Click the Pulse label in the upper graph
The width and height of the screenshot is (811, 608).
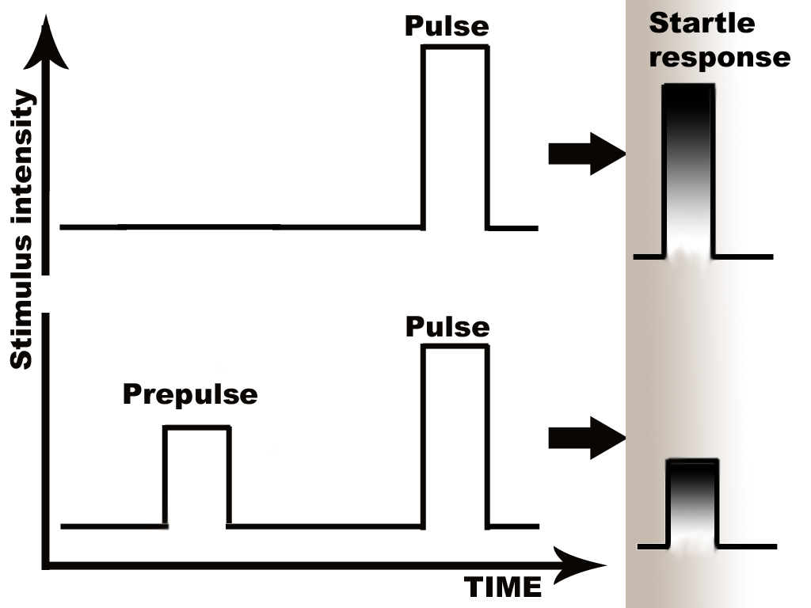point(447,27)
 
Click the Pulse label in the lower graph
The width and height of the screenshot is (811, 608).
point(447,327)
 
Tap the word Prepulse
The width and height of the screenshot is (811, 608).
point(190,393)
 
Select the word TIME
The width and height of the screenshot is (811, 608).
point(502,587)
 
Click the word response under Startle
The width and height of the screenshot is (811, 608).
point(719,57)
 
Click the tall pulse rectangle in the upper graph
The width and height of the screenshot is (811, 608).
point(454,135)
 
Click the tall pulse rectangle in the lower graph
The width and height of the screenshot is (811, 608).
point(454,435)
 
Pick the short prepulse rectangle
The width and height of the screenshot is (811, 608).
point(196,475)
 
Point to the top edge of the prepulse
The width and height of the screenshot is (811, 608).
point(196,427)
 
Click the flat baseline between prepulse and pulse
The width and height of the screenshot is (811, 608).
point(325,525)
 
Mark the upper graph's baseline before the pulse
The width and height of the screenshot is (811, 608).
point(238,227)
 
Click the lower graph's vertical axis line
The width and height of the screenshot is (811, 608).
point(47,435)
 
